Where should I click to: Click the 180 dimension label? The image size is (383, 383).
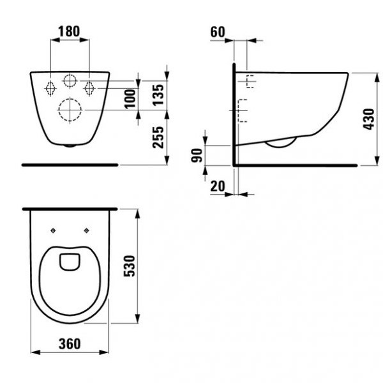tap(69, 31)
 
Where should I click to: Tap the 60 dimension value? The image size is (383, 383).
tap(218, 32)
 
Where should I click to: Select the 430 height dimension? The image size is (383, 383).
tap(368, 119)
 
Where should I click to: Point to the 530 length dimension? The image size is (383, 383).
tap(129, 266)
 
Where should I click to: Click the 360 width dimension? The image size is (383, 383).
tap(70, 344)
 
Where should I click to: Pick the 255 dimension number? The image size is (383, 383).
tap(158, 137)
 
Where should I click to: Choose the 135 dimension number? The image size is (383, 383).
tap(158, 95)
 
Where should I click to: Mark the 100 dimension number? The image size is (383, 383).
tap(130, 99)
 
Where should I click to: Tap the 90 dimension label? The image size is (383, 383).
tap(197, 155)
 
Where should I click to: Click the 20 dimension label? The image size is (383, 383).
tap(218, 186)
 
